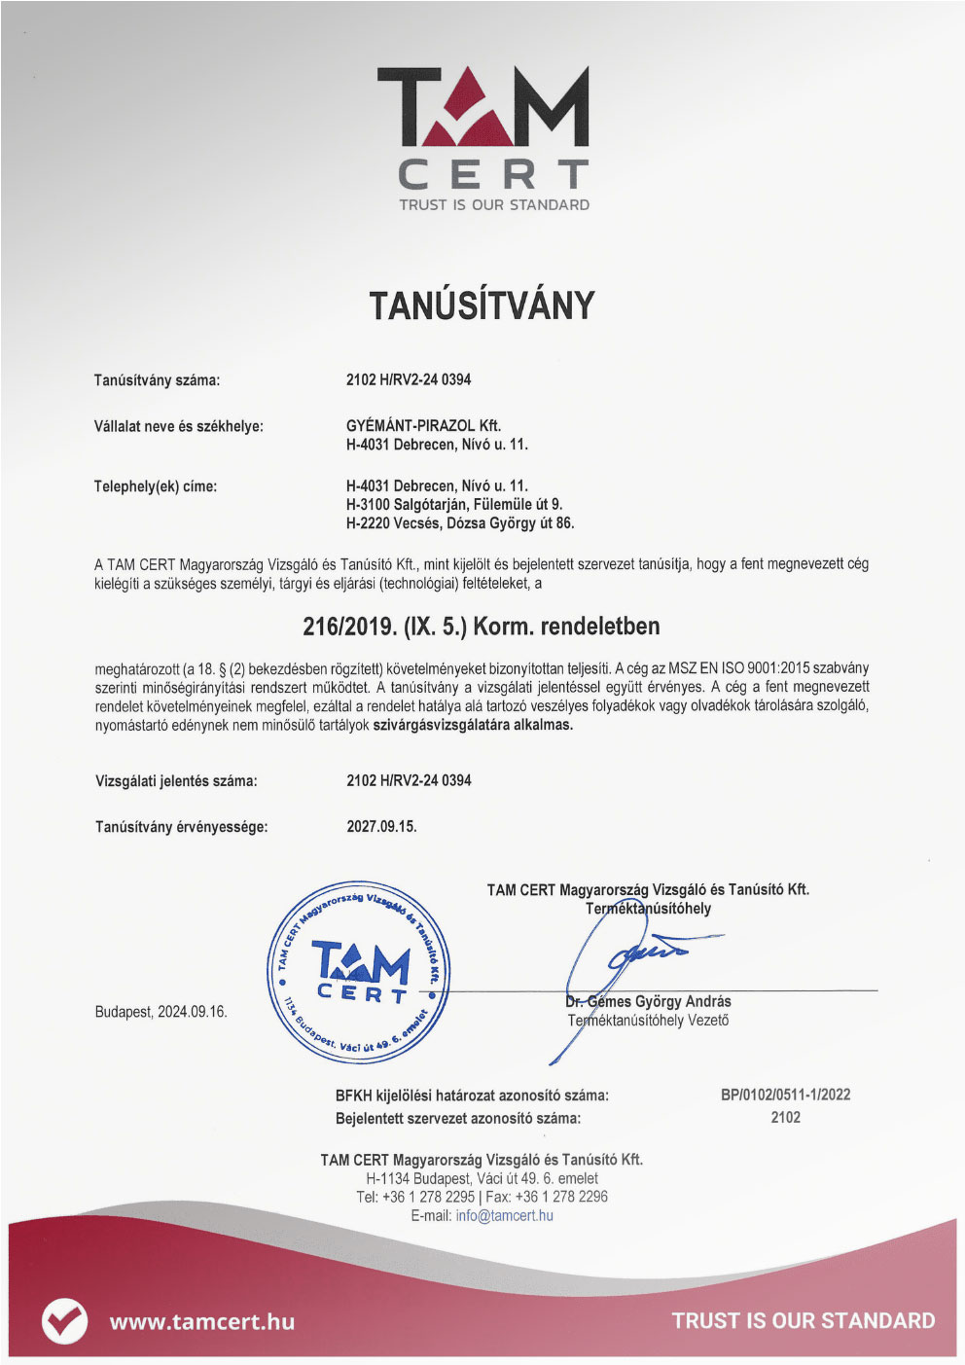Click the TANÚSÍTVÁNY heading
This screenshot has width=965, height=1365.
click(x=482, y=305)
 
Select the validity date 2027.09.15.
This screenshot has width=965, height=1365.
click(x=381, y=826)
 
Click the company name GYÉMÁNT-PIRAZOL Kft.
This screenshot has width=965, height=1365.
click(x=423, y=425)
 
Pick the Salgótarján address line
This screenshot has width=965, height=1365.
click(x=454, y=504)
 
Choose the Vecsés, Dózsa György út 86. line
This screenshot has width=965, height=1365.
click(x=460, y=522)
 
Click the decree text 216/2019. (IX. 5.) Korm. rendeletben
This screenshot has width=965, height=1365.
click(x=482, y=626)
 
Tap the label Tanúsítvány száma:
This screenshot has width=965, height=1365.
click(x=157, y=379)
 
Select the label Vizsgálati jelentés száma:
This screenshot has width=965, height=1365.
click(x=176, y=780)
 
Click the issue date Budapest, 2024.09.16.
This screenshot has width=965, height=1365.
click(x=161, y=1012)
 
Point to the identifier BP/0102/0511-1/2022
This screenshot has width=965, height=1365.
click(x=785, y=1095)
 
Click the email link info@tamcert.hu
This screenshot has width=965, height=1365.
click(x=504, y=1215)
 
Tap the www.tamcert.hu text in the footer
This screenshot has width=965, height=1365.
click(x=201, y=1321)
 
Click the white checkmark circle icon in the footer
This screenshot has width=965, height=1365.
click(x=64, y=1321)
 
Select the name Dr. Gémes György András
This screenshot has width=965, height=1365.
click(x=648, y=1001)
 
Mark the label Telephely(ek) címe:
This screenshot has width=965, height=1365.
click(x=155, y=485)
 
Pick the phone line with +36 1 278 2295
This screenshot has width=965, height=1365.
click(x=482, y=1197)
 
